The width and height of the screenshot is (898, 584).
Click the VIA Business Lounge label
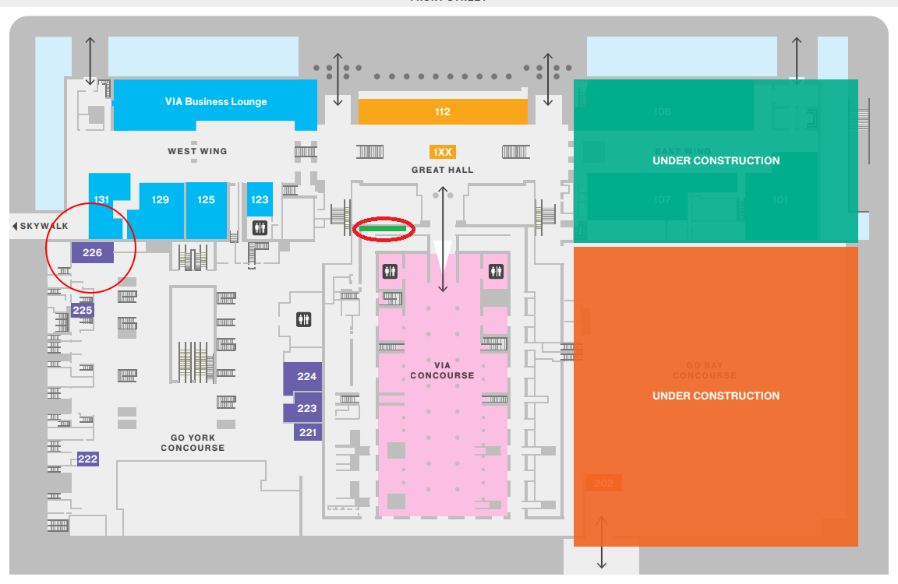215,102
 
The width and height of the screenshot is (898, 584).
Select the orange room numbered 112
443,112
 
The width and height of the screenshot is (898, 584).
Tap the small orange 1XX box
443,152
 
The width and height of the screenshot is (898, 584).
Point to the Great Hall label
442,170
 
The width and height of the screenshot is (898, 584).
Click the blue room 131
101,200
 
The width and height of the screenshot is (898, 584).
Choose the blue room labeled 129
161,200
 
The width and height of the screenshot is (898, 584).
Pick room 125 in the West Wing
206,200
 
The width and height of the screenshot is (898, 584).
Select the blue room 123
260,200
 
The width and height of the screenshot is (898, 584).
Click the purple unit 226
93,252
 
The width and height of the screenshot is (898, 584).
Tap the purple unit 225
82,311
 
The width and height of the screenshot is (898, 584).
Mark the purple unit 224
307,377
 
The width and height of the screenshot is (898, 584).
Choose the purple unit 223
307,408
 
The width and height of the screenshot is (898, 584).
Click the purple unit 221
308,432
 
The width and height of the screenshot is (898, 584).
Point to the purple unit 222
87,459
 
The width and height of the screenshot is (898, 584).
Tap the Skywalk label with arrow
41,227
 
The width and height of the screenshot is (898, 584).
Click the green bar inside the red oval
383,229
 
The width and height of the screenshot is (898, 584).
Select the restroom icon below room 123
260,227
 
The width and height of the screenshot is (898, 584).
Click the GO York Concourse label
193,443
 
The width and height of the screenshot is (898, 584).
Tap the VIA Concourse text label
442,370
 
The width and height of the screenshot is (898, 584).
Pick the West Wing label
197,151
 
